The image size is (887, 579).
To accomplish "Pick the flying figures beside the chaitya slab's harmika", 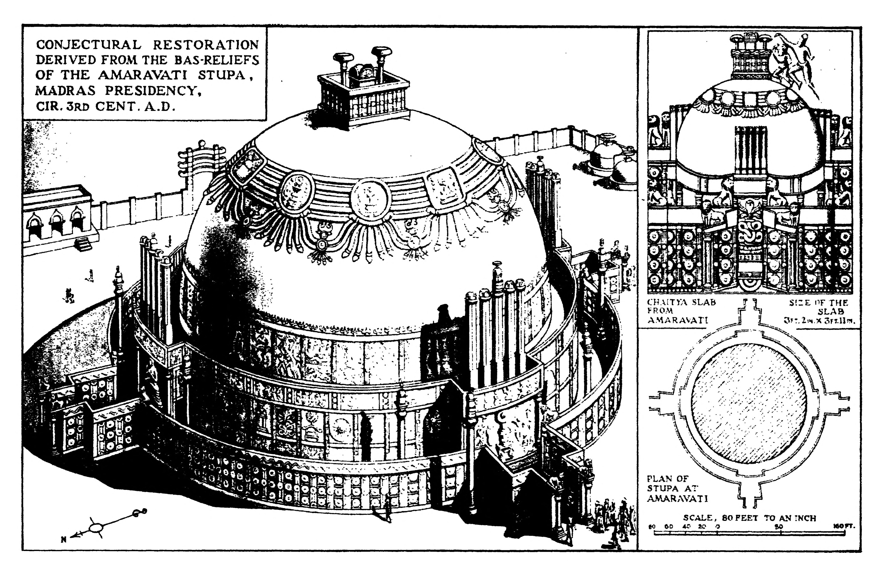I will point(794,63).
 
